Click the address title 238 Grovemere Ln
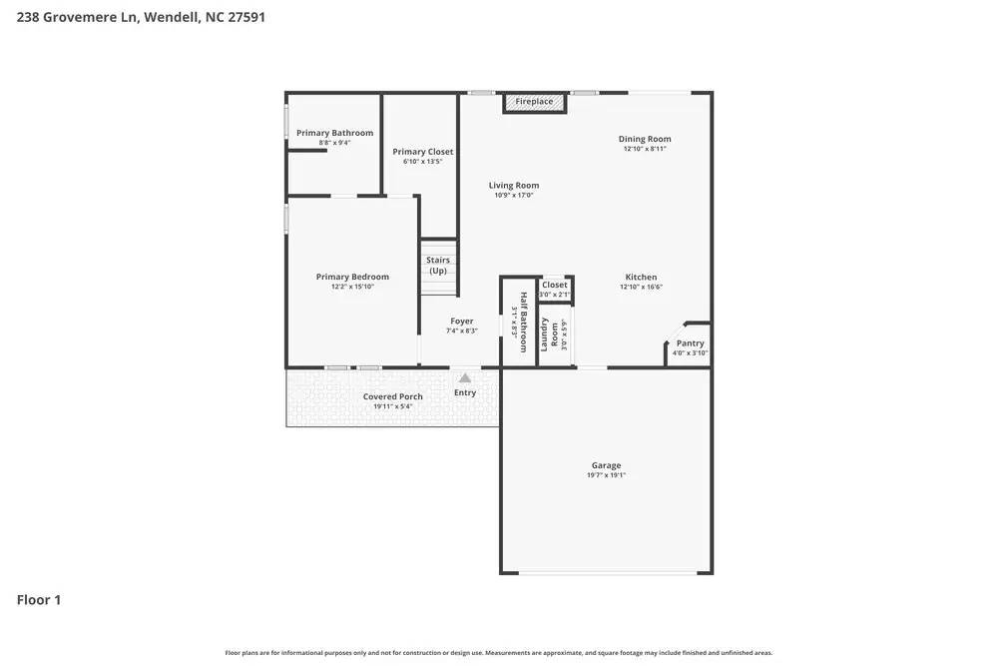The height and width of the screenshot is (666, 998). [141, 17]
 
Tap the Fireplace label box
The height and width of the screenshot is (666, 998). [534, 102]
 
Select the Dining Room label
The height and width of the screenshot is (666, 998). [645, 139]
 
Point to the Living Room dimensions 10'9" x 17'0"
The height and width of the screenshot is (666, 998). [514, 196]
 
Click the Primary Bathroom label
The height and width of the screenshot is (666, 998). [334, 133]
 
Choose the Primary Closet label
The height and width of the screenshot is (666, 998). [423, 152]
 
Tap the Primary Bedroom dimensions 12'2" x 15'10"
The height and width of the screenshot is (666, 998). [352, 287]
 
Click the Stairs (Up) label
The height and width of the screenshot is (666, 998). [438, 266]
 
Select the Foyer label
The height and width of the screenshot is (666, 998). [461, 322]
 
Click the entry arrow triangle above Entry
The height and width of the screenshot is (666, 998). [465, 377]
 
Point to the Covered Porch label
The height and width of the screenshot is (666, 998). [392, 396]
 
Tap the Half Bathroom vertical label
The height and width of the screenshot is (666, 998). [523, 323]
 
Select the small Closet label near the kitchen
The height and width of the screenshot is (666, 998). [555, 285]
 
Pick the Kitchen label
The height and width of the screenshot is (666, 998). [641, 277]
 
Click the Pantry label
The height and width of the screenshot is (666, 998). [690, 342]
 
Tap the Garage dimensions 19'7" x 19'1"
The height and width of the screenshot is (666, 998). [606, 475]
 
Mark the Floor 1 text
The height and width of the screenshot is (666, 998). [39, 600]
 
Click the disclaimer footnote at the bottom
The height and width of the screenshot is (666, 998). [498, 653]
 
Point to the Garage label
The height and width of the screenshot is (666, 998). [606, 465]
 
